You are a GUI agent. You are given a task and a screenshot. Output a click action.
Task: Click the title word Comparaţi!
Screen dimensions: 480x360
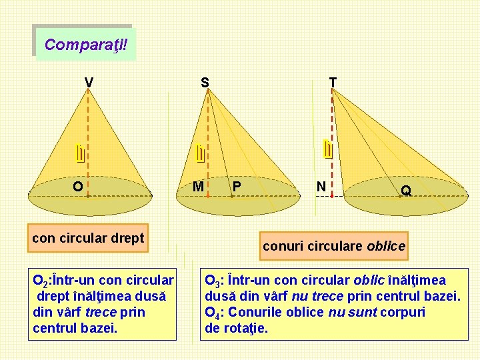tap(85, 45)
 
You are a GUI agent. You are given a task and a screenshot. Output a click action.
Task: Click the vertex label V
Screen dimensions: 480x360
tap(89, 83)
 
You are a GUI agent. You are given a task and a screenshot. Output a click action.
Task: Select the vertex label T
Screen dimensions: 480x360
tap(333, 82)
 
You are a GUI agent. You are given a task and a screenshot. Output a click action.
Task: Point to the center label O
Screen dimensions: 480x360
tap(78, 187)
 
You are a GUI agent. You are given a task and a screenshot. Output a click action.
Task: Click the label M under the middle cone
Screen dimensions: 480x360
tap(198, 187)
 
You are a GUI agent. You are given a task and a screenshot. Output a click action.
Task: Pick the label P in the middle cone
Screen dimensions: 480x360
tap(237, 187)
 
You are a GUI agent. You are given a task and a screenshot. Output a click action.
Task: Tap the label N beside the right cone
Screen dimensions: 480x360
tap(321, 187)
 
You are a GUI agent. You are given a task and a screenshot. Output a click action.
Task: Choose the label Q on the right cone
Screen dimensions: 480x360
tap(406, 191)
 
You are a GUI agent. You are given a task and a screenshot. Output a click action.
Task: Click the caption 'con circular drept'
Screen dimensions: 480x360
tap(88, 238)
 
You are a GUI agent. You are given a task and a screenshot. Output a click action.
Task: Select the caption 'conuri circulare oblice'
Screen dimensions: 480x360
tap(334, 246)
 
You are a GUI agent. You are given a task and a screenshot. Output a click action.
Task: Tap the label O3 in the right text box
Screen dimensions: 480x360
tap(213, 281)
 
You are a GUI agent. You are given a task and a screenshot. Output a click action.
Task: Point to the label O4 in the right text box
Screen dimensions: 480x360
tap(213, 313)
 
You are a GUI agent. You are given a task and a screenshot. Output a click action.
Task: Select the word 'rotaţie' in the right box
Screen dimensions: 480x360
tap(246, 328)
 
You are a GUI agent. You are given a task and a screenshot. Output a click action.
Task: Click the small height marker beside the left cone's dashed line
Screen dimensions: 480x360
tap(79, 154)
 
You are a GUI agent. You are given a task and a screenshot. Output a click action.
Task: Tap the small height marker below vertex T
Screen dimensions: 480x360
tap(327, 150)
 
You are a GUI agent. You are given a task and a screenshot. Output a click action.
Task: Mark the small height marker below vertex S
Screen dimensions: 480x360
tap(200, 154)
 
